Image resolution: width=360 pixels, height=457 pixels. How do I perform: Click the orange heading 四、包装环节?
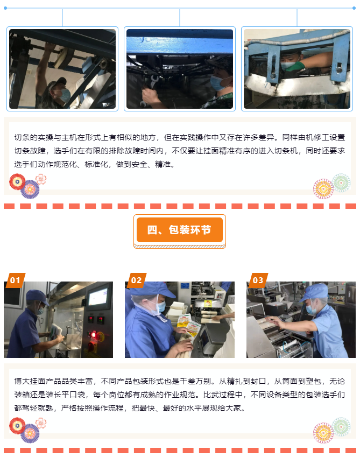tap(179, 230)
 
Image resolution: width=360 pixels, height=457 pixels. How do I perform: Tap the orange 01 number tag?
tap(15, 280)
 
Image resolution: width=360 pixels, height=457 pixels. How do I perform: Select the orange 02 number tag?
tap(136, 280)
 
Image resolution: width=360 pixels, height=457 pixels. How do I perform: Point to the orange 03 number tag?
tap(258, 280)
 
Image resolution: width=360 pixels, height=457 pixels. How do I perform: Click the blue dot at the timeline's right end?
tap(354, 8)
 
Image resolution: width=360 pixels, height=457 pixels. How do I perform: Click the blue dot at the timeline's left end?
tap(5, 8)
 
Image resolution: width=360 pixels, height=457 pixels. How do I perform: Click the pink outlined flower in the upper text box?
tap(41, 179)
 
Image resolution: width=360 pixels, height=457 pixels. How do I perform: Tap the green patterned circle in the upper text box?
tap(341, 182)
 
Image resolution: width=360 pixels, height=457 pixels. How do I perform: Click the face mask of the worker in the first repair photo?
tap(65, 95)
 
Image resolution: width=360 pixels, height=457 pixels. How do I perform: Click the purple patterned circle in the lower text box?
tap(30, 433)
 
